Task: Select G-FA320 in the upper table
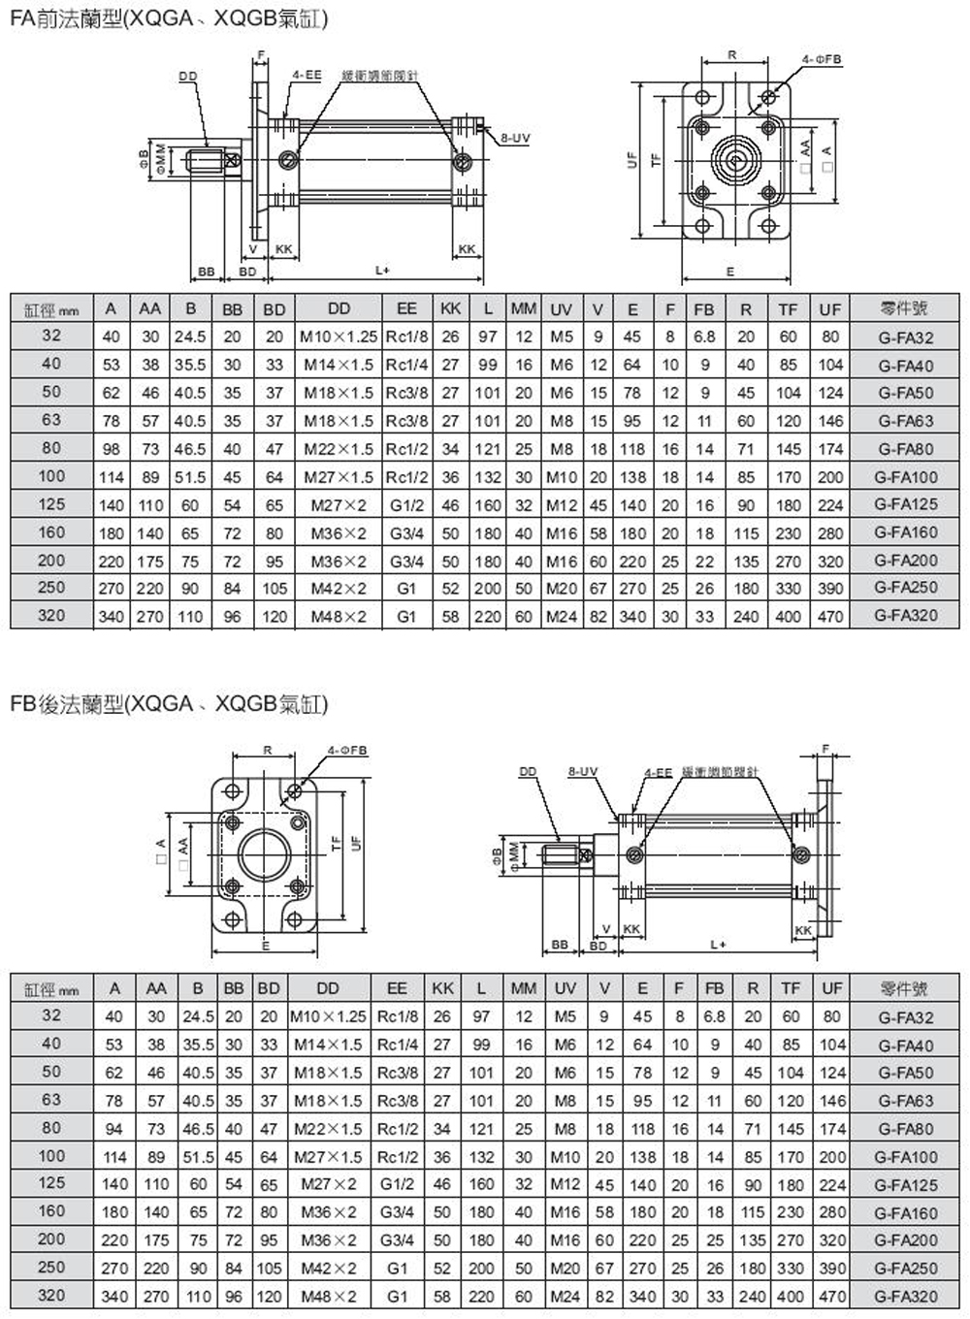[905, 615]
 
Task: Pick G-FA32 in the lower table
[905, 1017]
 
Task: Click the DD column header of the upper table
[339, 308]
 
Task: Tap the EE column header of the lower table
[397, 988]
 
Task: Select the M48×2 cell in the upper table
[339, 615]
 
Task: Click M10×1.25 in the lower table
[328, 1017]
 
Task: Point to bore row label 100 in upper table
[51, 476]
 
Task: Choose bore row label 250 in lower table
[51, 1267]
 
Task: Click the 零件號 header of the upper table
[905, 308]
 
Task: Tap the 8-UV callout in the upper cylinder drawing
[514, 138]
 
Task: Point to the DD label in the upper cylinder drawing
[187, 76]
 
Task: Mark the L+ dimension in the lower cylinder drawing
[716, 944]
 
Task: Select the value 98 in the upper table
[113, 448]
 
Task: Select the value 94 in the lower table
[114, 1129]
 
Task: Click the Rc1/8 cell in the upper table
[406, 337]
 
